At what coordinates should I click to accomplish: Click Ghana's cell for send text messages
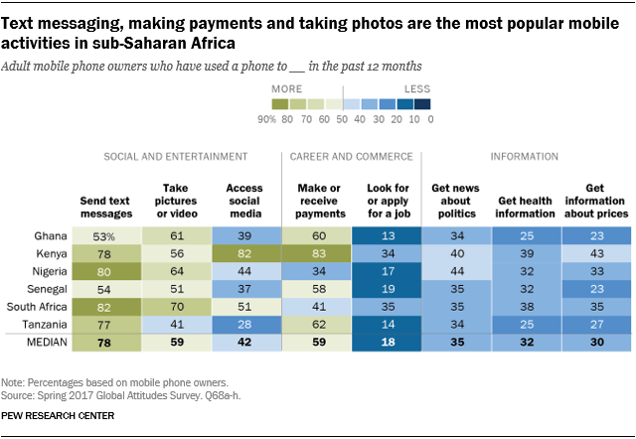point(105,235)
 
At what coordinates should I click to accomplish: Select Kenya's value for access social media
point(244,253)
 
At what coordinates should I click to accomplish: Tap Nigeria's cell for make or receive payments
point(315,271)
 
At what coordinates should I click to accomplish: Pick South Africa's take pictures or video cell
point(175,307)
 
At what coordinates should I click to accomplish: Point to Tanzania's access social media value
point(244,325)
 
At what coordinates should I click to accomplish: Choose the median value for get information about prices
point(595,344)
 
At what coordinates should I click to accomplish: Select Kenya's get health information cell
point(526,253)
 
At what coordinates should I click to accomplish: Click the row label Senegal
point(48,289)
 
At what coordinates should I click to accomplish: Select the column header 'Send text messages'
point(105,208)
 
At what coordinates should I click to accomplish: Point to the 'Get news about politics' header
point(455,202)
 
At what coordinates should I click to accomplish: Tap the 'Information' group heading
point(526,157)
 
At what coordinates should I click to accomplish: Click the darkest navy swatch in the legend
point(422,103)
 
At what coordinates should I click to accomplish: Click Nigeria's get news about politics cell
point(455,271)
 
